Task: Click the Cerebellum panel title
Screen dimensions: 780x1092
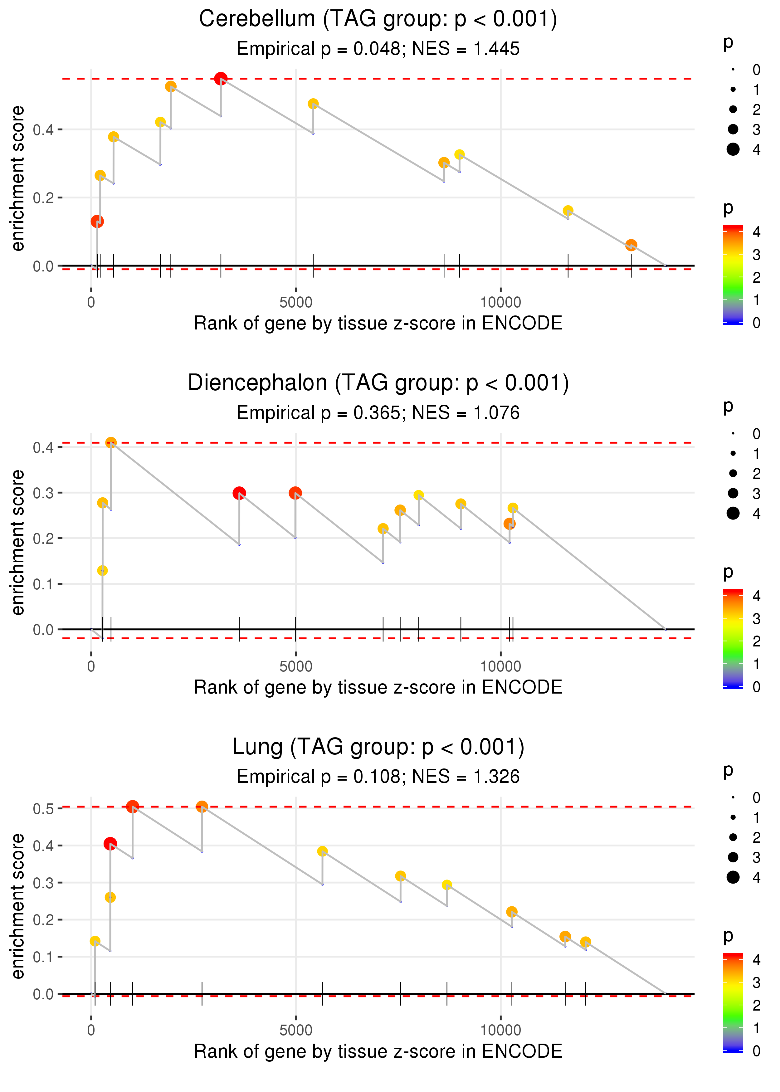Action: click(x=378, y=19)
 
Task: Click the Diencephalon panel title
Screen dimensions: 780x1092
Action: click(x=378, y=383)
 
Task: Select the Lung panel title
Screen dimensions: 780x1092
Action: click(x=378, y=747)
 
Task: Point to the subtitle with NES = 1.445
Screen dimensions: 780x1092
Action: click(x=378, y=49)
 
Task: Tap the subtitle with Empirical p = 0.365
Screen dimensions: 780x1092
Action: click(x=378, y=413)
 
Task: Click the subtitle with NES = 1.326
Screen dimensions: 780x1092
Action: click(x=378, y=777)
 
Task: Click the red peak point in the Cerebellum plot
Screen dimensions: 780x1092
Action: click(x=221, y=79)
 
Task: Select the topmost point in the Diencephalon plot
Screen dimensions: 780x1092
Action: click(x=111, y=443)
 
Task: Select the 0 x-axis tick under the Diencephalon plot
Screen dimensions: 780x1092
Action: click(x=91, y=666)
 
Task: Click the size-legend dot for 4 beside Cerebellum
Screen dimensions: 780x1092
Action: click(x=733, y=149)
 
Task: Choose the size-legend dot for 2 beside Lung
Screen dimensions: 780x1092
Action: click(x=733, y=837)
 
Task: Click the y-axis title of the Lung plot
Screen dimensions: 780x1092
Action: click(x=18, y=906)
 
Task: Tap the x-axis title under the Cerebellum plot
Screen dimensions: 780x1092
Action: click(x=378, y=323)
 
